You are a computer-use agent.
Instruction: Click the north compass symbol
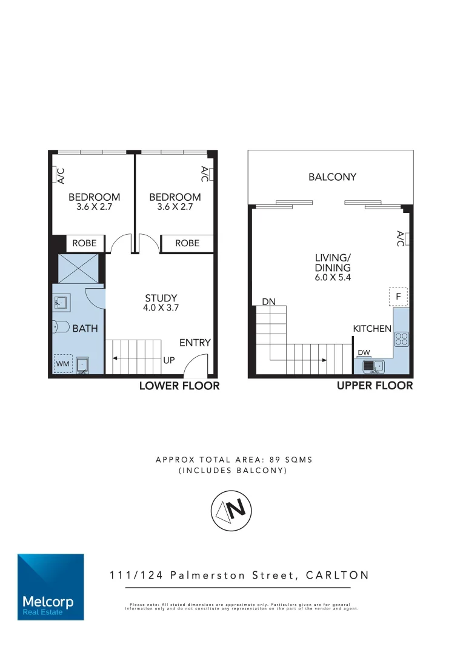(x=232, y=510)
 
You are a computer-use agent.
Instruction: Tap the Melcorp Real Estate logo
(x=50, y=586)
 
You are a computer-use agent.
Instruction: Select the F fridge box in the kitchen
(x=398, y=297)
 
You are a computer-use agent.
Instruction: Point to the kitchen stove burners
(x=401, y=338)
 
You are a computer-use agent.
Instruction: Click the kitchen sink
(x=373, y=366)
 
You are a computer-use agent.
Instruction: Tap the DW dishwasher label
(x=364, y=352)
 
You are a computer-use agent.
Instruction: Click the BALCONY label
(x=332, y=177)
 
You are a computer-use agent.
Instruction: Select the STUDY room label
(x=161, y=298)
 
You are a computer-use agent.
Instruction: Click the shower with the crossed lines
(x=78, y=268)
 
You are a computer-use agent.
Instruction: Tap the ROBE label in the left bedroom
(x=84, y=243)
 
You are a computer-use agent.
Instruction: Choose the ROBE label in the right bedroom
(x=187, y=243)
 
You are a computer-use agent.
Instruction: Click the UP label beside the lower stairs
(x=169, y=360)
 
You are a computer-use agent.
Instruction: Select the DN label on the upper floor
(x=269, y=301)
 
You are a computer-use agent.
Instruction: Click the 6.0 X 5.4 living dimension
(x=333, y=278)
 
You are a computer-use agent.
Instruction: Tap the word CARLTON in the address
(x=337, y=575)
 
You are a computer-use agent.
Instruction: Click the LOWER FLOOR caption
(x=179, y=386)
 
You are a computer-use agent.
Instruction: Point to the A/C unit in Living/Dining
(x=402, y=238)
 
